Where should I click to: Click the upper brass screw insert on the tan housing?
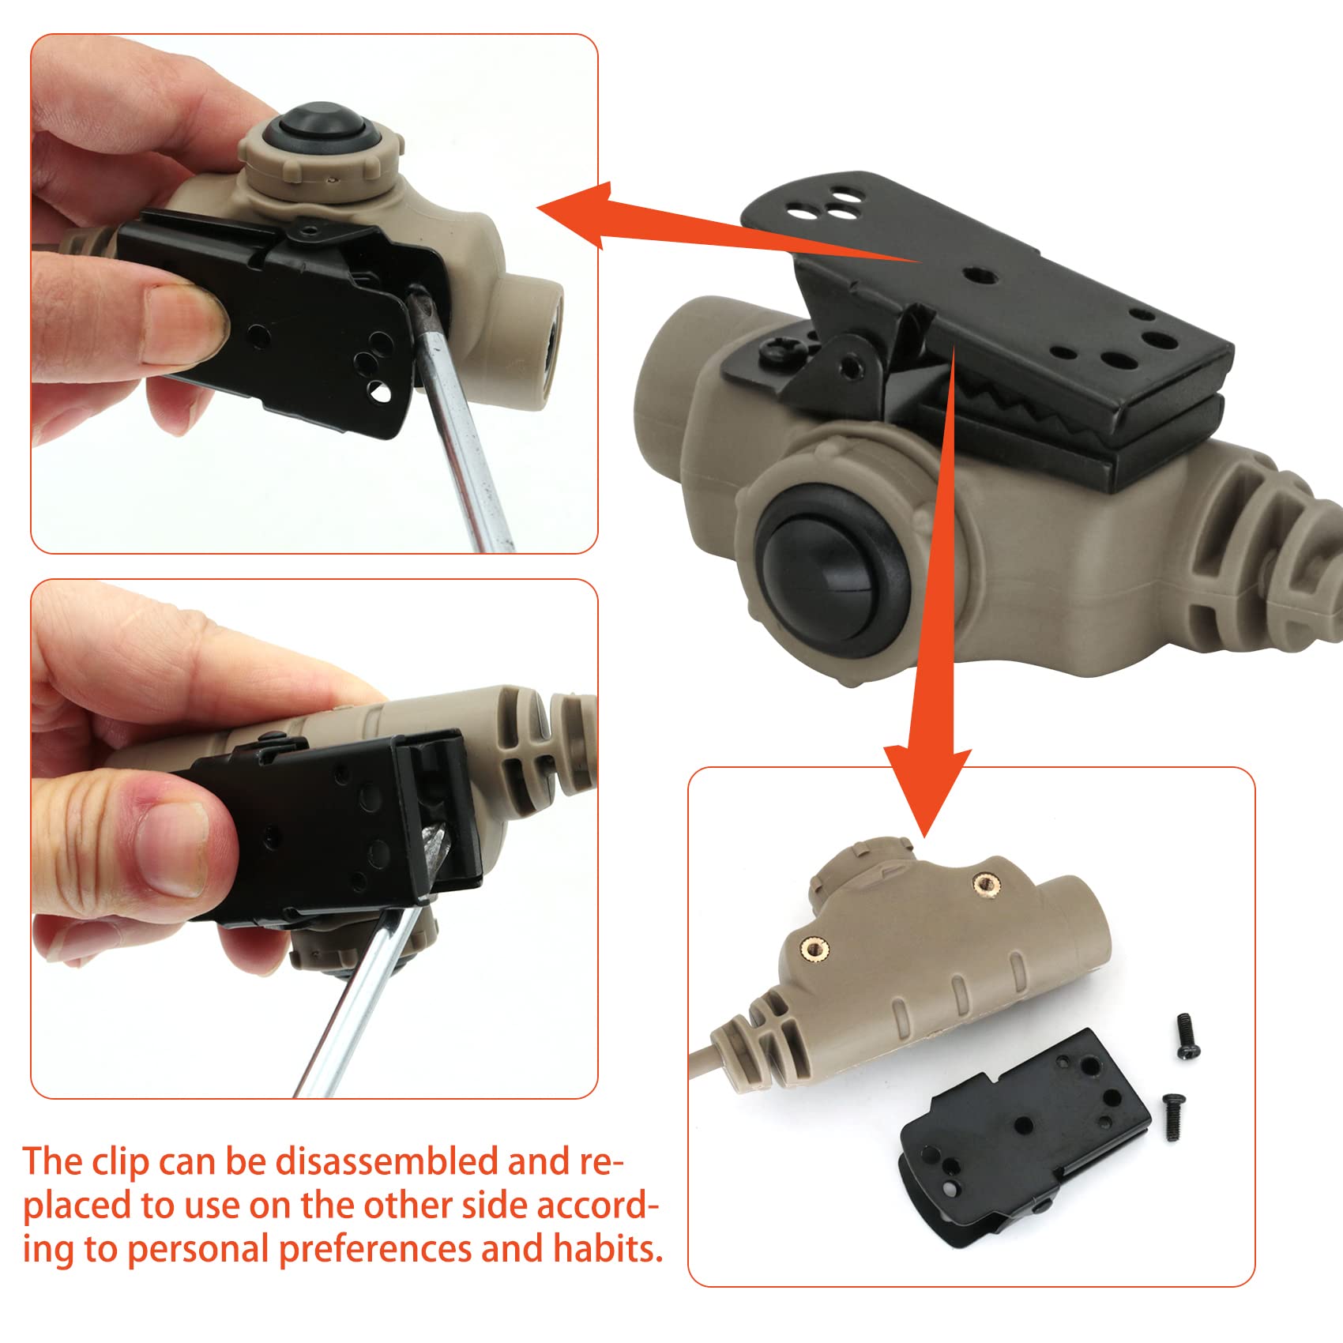984,883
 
